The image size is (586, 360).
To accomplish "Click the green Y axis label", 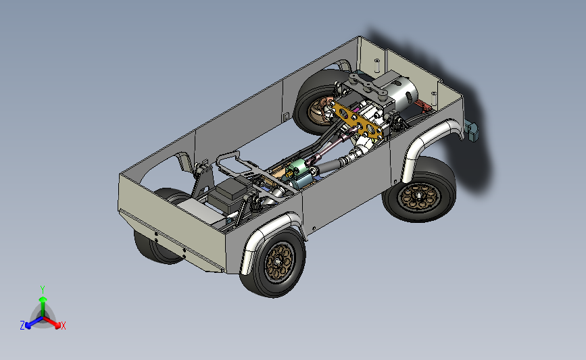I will click(x=43, y=289).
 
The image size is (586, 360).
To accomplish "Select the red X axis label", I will click(x=64, y=326).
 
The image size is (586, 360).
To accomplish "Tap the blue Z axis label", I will click(x=22, y=326).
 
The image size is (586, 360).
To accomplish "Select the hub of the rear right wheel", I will click(x=417, y=195).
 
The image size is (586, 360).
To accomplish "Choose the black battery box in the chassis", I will click(x=226, y=192).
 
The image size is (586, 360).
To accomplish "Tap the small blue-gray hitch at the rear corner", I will click(x=471, y=129).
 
